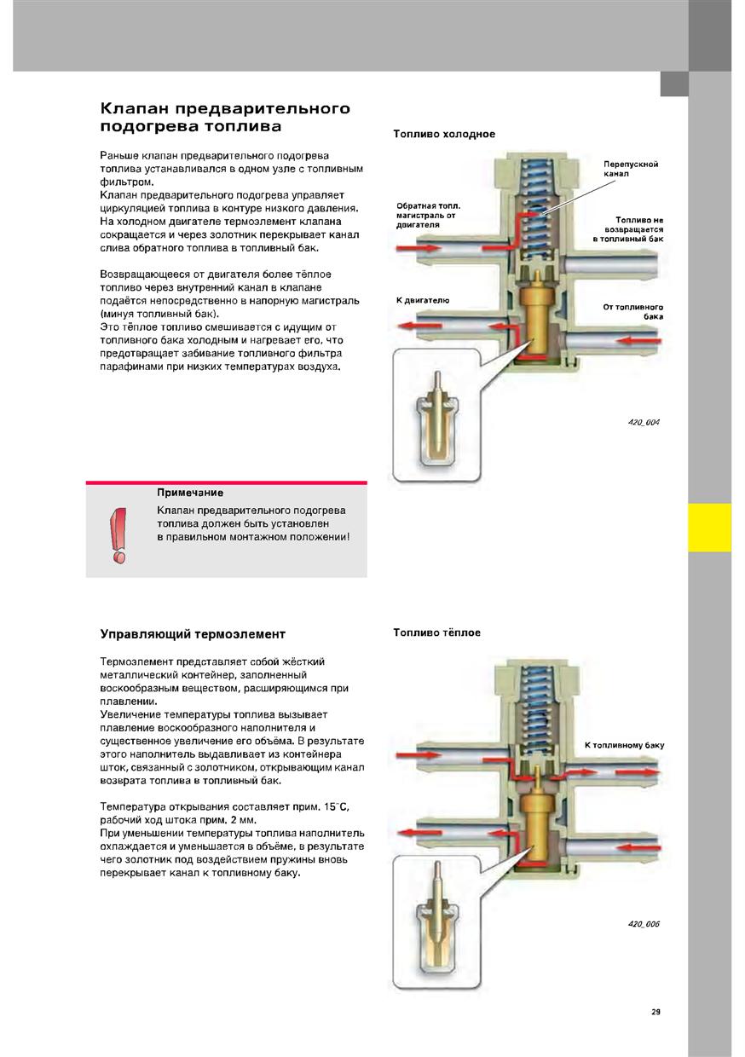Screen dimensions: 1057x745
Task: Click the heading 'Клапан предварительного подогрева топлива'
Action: (x=225, y=118)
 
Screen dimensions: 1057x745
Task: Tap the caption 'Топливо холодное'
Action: (x=443, y=134)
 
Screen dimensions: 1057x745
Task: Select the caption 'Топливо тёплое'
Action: (x=436, y=632)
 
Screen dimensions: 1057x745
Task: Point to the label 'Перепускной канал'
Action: (x=630, y=168)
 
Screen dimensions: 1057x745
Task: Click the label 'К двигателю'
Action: (x=423, y=300)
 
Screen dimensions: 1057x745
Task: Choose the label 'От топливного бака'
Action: (x=632, y=311)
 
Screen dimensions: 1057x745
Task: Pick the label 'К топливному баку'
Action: (x=624, y=745)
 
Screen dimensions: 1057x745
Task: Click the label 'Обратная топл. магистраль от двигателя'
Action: (x=428, y=216)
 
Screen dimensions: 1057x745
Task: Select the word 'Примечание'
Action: (x=190, y=493)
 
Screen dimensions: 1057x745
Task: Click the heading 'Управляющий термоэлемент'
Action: (x=193, y=634)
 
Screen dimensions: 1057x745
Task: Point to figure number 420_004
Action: (x=644, y=422)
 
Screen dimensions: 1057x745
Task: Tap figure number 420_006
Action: (x=644, y=924)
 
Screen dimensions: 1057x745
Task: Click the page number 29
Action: (x=655, y=1012)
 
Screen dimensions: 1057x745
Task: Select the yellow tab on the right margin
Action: (x=709, y=527)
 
